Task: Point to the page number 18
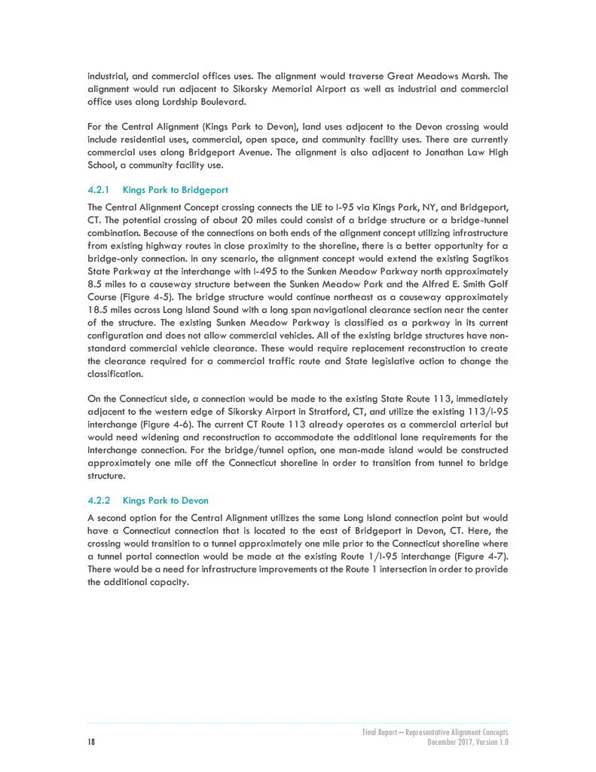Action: (x=91, y=743)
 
